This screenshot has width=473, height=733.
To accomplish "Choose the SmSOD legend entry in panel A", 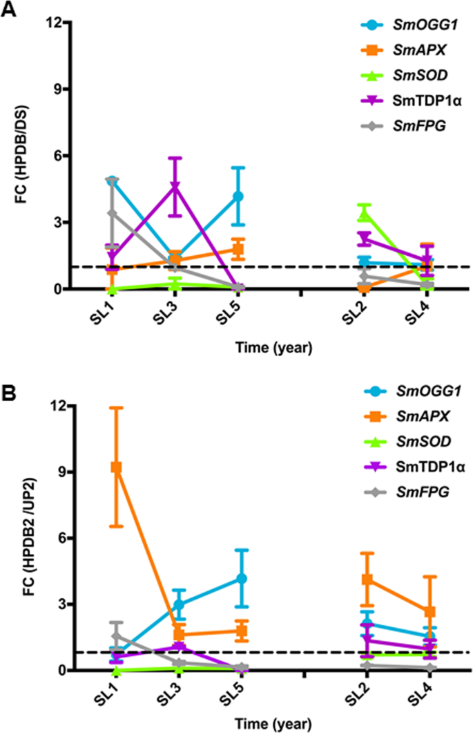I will pos(387,73).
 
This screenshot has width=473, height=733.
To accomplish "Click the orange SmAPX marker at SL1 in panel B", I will pos(116,467).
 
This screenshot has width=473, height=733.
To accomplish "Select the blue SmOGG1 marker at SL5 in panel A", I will pos(238,196).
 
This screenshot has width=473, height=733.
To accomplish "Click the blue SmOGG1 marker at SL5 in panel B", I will pos(238,578).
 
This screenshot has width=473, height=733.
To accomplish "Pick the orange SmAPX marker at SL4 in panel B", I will pos(428,611).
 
